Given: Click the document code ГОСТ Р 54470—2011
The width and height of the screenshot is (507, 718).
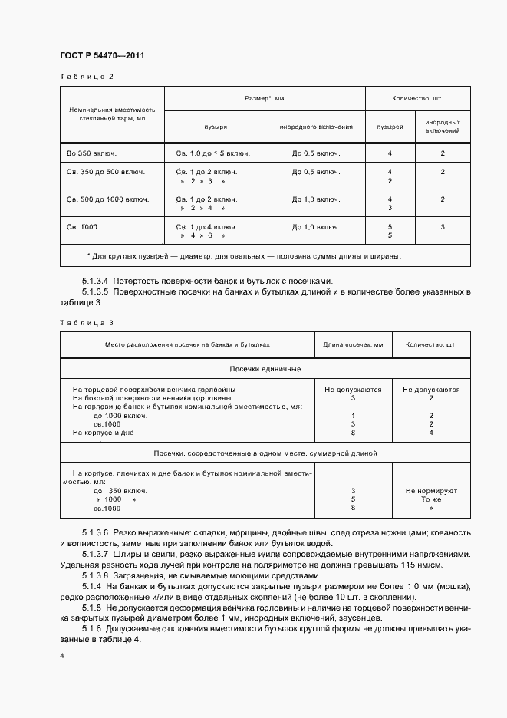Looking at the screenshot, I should (102, 56).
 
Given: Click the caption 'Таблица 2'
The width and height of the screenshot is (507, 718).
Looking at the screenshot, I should (86, 77).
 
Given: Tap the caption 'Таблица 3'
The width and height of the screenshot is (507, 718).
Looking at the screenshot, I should (86, 323).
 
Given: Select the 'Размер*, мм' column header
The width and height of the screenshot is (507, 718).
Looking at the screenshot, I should (265, 99).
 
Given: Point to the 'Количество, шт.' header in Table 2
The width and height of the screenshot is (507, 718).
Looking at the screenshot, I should (417, 99).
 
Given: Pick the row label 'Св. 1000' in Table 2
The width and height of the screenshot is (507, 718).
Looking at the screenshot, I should (83, 227).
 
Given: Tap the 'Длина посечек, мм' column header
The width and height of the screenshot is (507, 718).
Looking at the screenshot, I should (354, 344).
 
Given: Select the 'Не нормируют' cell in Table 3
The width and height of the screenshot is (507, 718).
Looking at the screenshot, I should (431, 489).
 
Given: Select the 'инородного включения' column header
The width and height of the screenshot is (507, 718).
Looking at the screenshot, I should (315, 126).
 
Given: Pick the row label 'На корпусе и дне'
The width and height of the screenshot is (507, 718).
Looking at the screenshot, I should (104, 433).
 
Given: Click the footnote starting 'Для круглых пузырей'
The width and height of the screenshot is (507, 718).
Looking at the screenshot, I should (245, 256).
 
